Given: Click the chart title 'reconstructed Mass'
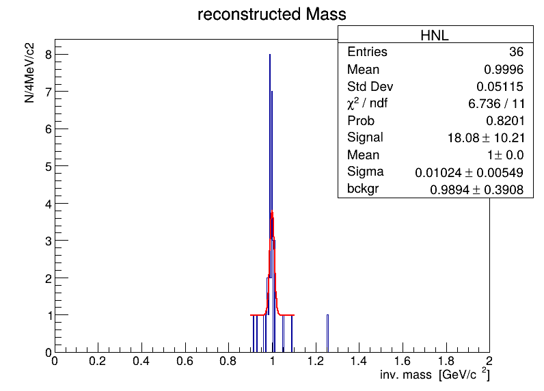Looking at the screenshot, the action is tap(271, 14).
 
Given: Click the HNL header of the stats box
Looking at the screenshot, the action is tap(435, 35).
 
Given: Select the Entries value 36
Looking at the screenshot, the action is tap(516, 52).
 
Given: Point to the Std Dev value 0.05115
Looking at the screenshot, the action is tap(500, 86).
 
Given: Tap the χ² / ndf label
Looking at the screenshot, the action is tap(368, 103).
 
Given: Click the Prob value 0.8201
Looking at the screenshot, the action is tap(505, 121).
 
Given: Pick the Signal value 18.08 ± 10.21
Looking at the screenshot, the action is tap(486, 137).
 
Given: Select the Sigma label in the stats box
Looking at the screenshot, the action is tap(366, 172).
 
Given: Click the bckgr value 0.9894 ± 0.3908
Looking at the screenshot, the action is tap(477, 189).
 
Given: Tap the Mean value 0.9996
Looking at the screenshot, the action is tap(504, 70).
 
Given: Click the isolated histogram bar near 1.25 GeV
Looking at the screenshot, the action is tap(327, 334).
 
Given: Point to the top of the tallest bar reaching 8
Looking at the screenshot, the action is tap(270, 55).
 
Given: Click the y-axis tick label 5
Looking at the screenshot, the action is tap(49, 167).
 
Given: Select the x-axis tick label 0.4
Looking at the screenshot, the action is tap(141, 362).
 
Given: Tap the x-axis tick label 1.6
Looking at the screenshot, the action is tap(402, 362).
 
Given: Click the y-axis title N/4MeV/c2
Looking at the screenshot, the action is tap(30, 73).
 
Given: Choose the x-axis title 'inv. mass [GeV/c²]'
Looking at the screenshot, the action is tap(435, 375).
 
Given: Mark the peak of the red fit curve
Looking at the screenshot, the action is tap(272, 212).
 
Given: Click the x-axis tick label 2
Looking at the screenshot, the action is tap(489, 362).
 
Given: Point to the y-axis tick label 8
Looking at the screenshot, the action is tap(49, 55).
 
